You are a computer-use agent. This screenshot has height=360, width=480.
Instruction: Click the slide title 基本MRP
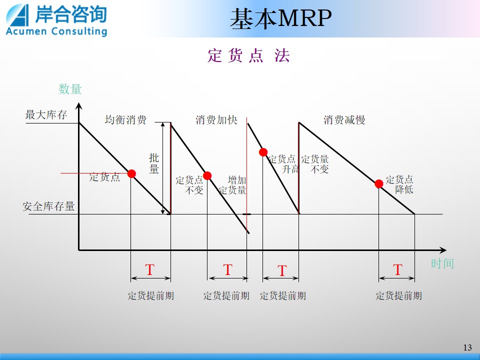pos(280,18)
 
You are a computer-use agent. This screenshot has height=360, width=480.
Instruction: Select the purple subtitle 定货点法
pos(248,55)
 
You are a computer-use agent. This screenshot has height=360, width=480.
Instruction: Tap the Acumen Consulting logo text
pos(56,31)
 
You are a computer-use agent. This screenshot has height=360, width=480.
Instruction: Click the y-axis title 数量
pos(70,89)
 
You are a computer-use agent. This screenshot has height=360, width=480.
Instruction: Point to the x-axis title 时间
pos(442,263)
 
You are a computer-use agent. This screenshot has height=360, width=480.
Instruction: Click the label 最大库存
pos(46,115)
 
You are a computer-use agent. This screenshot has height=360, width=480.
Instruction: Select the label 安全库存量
pos(48,206)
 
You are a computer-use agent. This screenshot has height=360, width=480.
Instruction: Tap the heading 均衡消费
pos(125,119)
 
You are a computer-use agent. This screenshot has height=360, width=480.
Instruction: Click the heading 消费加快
pos(216,119)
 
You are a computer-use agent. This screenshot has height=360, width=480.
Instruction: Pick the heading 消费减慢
pos(344,119)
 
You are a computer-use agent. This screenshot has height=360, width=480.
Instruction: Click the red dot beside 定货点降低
pos(379,183)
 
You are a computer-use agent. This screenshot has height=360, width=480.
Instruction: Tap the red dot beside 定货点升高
pos(263,152)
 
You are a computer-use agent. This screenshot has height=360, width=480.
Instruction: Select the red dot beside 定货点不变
pos(207,175)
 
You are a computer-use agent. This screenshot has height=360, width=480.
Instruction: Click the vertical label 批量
pos(154,163)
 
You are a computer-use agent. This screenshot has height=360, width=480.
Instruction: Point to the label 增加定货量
pos(232,185)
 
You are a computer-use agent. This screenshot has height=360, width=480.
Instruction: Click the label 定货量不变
pos(315,164)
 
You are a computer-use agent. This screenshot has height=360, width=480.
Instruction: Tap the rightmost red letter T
pos(397,270)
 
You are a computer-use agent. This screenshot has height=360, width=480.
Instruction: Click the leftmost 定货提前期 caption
pos(151,295)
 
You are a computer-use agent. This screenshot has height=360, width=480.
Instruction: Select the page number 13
pos(467,347)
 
